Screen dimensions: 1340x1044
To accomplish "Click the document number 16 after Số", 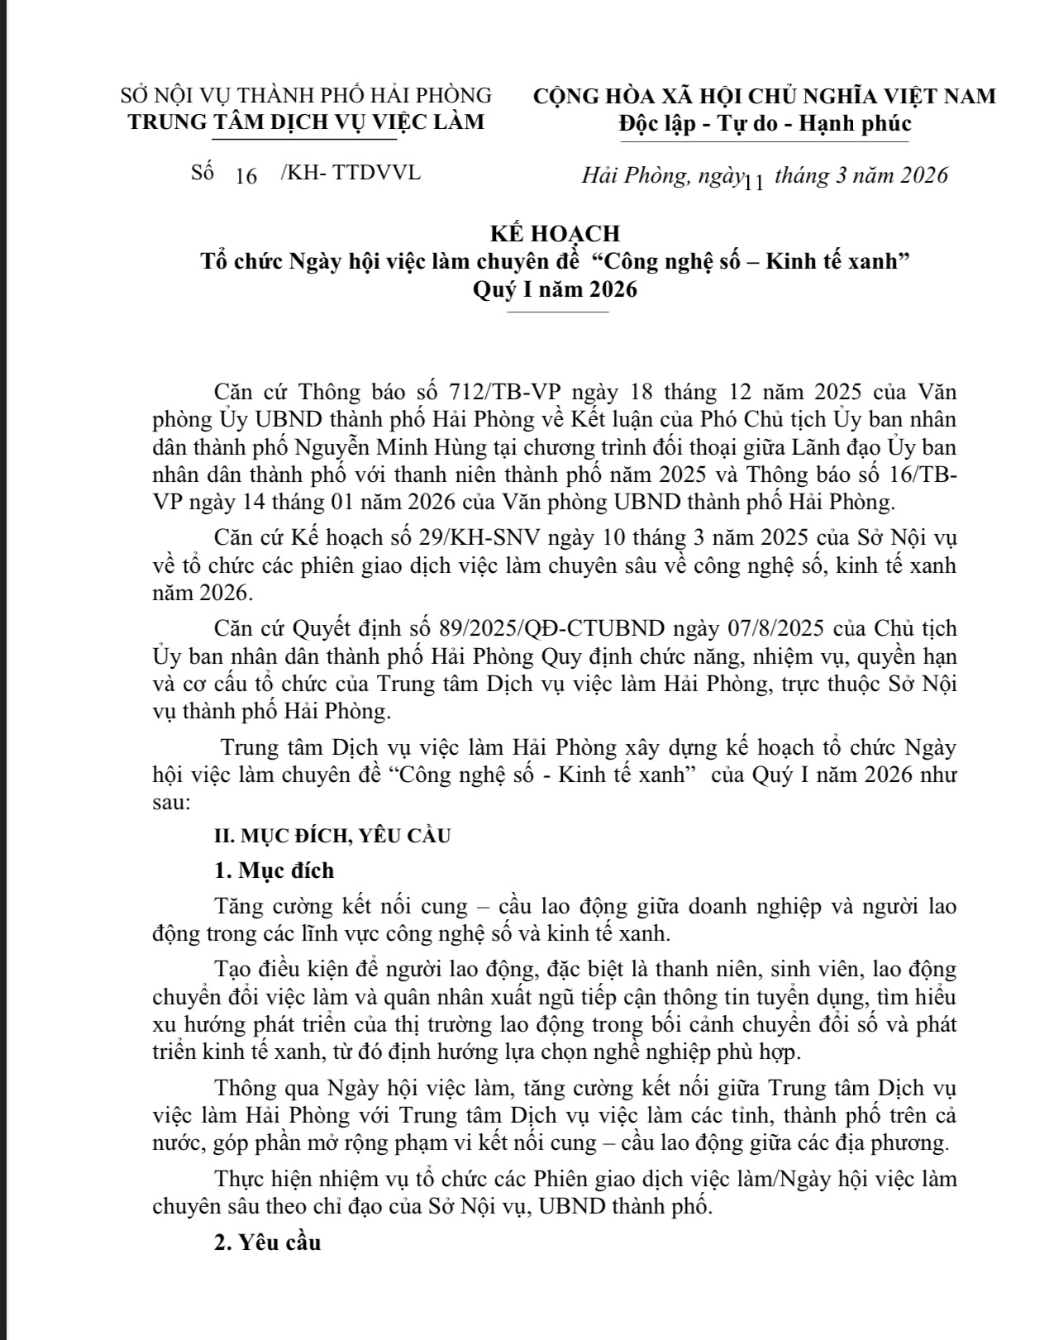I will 246,176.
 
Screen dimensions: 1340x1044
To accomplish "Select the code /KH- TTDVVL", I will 350,173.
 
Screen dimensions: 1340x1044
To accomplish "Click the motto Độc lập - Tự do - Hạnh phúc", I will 765,124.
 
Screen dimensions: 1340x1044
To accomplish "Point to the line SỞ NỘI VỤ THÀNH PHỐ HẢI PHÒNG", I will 306,96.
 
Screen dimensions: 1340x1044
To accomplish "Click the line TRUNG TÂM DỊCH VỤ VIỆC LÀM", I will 306,122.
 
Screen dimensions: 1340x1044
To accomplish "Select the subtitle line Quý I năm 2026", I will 555,290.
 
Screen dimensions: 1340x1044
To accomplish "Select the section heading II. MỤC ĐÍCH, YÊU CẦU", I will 332,836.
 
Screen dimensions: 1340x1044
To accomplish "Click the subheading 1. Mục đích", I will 274,870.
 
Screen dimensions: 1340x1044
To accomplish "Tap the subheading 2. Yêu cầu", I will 267,1242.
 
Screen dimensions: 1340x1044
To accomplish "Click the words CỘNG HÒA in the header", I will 589,96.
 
